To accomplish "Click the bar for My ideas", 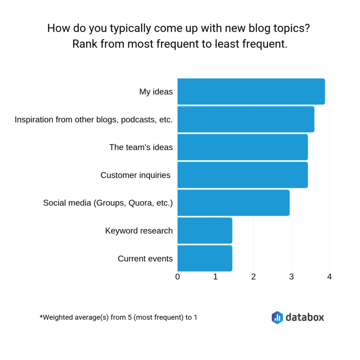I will point(251,91).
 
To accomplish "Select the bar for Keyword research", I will point(205,231).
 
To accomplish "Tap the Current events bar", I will point(205,258).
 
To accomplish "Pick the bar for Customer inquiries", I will point(242,175).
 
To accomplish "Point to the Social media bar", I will point(233,202).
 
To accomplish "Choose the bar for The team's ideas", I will point(242,147).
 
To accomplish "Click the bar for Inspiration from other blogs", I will point(246,120).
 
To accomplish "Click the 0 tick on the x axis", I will point(178,277).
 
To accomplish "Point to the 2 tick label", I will point(254,277).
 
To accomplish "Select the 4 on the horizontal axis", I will point(330,277).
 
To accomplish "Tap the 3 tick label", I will point(292,277).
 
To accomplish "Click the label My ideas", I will point(156,92).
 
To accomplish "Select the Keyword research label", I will point(139,231).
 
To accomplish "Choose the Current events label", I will point(145,259).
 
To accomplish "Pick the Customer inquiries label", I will point(135,175).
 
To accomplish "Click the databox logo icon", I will point(277,317).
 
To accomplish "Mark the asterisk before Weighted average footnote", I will point(41,316).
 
